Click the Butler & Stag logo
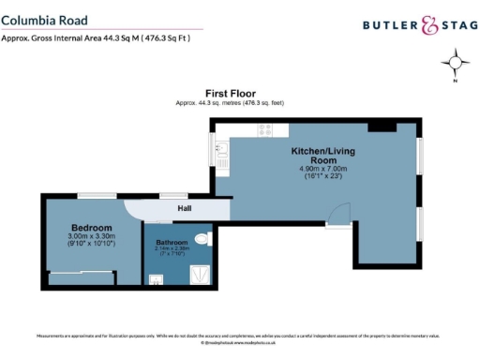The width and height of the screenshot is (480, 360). pyautogui.click(x=413, y=26)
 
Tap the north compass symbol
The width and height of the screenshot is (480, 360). pyautogui.click(x=457, y=65)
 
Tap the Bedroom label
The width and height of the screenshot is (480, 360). pyautogui.click(x=91, y=228)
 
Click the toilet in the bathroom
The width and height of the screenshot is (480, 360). pyautogui.click(x=204, y=238)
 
